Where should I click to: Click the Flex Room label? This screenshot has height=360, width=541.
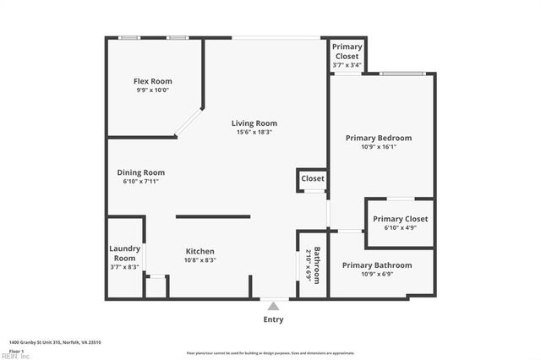click(153, 81)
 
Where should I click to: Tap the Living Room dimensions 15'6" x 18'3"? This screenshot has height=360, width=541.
click(254, 132)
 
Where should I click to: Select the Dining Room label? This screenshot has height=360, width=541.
click(140, 172)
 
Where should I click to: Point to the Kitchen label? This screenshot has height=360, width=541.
click(200, 251)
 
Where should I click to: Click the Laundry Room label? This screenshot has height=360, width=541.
click(124, 253)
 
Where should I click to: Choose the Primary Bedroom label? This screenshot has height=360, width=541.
click(378, 138)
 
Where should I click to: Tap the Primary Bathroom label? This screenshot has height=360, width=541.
click(377, 265)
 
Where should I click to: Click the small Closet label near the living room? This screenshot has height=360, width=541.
click(312, 179)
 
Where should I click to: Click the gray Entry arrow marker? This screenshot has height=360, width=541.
click(273, 306)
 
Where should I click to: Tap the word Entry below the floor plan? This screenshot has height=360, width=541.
click(273, 319)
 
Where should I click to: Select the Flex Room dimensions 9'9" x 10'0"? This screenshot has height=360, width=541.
click(153, 90)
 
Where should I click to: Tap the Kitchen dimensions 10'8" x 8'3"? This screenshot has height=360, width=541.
click(200, 260)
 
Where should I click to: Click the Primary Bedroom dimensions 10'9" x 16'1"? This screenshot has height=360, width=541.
click(378, 147)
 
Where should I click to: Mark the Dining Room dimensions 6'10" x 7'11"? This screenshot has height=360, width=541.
click(140, 181)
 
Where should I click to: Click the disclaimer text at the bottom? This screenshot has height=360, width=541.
click(270, 352)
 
